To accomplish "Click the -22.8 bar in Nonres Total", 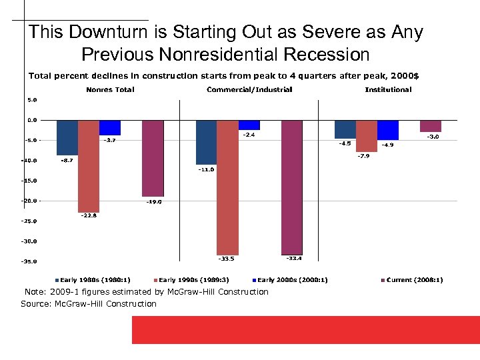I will [89, 166].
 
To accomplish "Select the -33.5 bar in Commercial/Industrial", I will [228, 187].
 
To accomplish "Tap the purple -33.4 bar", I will [292, 187].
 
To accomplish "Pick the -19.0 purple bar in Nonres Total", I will [153, 158].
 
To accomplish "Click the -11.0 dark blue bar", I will [206, 142].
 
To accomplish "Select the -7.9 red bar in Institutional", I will [367, 136].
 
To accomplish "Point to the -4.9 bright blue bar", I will [387, 130].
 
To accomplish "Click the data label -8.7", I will [67, 160].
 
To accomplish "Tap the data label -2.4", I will [248, 135].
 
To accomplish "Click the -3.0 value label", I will [432, 137].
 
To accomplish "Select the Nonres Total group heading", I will [110, 89].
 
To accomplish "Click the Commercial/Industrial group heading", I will [249, 89].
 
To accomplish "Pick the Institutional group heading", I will [388, 89].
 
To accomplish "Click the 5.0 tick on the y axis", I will [32, 100].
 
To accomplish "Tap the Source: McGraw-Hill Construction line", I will [89, 304].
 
